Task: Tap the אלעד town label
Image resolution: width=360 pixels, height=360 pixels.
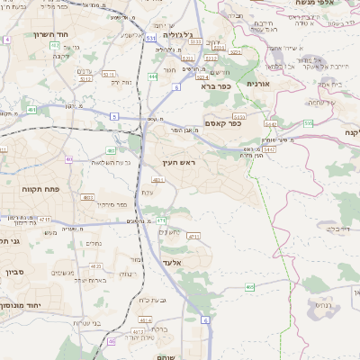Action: point(170,263)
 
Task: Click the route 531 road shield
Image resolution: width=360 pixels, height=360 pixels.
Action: point(149,40)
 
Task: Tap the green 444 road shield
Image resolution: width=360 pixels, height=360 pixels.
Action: point(154,77)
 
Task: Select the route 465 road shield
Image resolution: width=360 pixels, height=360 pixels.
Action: point(249,286)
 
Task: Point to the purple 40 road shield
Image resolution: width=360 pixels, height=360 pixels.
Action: point(69,158)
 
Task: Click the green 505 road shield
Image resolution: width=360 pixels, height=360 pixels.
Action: point(309,122)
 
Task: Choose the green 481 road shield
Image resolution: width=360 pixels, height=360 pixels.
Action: point(110,150)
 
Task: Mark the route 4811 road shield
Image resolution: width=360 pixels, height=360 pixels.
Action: point(158,181)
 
